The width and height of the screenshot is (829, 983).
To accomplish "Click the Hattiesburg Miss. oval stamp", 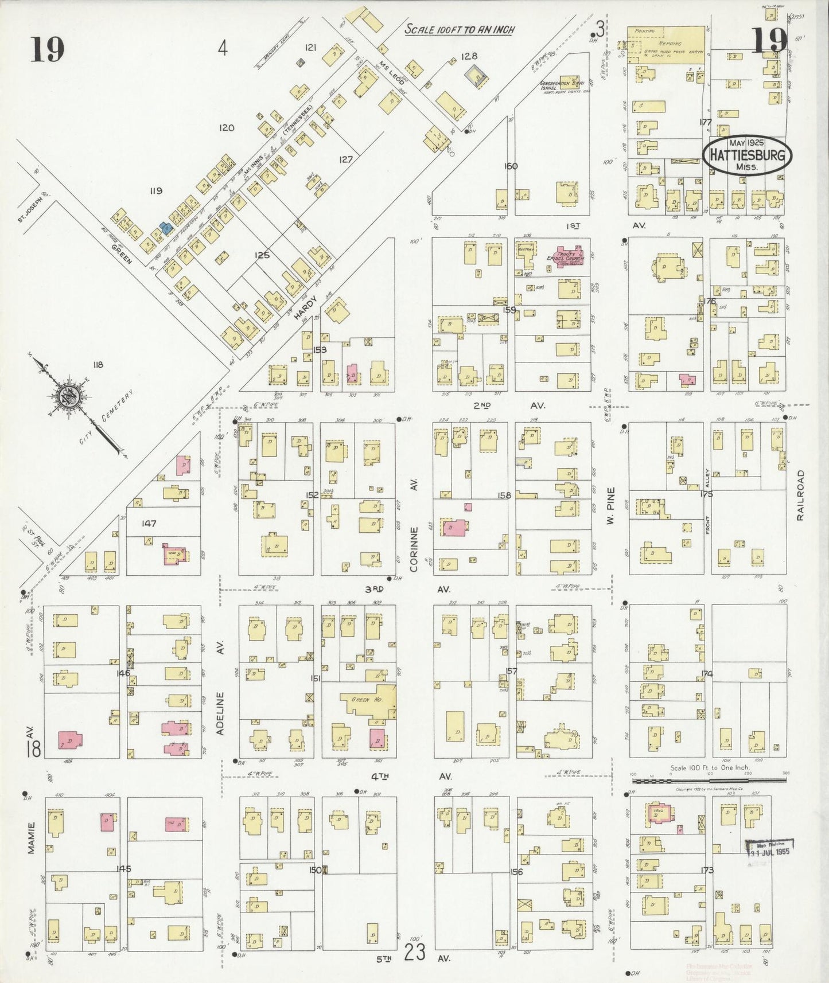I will tap(747, 155).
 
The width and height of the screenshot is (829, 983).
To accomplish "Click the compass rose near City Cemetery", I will tap(69, 396).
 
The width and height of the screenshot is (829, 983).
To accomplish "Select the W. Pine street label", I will tap(610, 505).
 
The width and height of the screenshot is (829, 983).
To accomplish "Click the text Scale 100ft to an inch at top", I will tap(459, 29).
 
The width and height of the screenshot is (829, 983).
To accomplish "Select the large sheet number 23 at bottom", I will tap(415, 953).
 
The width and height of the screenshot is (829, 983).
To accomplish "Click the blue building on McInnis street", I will tap(166, 228).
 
